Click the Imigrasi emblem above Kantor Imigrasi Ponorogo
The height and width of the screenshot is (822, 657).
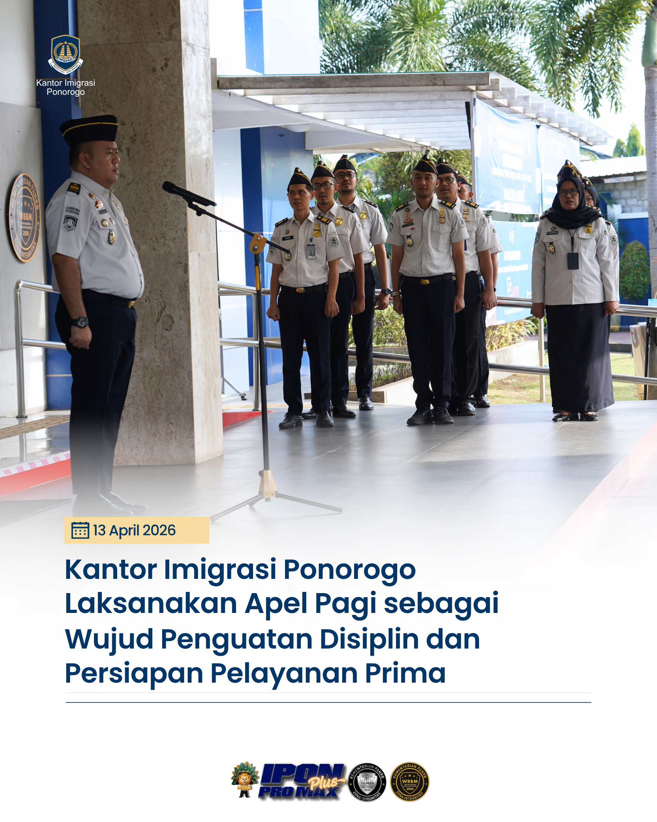(66, 54)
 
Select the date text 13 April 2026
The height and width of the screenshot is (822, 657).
(134, 531)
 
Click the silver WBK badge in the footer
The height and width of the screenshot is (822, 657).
(367, 782)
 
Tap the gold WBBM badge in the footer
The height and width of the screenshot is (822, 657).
(410, 782)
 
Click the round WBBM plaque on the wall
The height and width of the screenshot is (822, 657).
(25, 217)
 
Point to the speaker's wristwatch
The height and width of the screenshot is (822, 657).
(81, 322)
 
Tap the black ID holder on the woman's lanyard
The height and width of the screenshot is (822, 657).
(572, 261)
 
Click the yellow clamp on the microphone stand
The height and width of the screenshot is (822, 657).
(258, 243)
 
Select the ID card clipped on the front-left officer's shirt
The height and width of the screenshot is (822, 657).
(311, 252)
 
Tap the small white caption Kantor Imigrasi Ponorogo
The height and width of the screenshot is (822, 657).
(66, 87)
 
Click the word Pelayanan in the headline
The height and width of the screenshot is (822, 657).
(284, 674)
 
